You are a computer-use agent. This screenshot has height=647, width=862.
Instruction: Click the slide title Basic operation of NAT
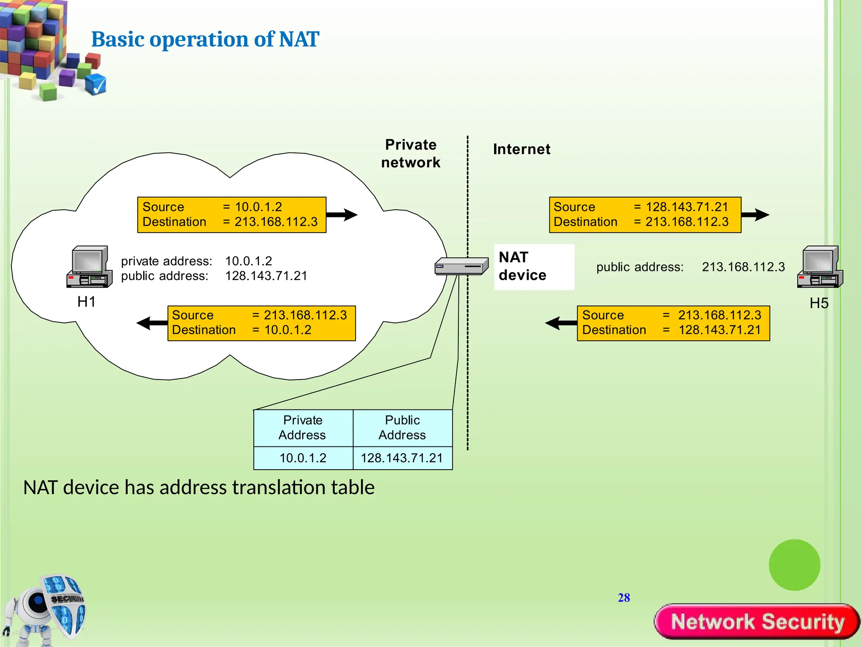point(205,39)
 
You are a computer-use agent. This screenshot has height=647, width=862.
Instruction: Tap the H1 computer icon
point(89,267)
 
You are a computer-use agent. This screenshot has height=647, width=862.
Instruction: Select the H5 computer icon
point(820,267)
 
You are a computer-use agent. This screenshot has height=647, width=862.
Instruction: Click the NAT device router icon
point(461,266)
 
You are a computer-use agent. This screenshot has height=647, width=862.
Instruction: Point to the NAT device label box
point(534,267)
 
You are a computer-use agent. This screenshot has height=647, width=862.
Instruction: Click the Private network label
point(410,154)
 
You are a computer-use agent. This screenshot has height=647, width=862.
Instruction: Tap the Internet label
point(521,149)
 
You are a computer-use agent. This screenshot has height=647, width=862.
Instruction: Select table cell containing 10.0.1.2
point(303,458)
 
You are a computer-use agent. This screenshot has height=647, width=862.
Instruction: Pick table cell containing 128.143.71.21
point(402,458)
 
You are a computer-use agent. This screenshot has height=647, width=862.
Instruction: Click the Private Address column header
point(303,428)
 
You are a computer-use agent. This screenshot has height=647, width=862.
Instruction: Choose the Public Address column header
point(402,428)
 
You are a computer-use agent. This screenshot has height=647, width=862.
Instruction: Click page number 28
point(624,598)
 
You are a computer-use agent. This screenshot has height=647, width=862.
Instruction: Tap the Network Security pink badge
point(757,622)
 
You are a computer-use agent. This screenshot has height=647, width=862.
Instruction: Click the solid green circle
point(794,565)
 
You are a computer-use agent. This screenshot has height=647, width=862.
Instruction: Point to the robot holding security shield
point(46,609)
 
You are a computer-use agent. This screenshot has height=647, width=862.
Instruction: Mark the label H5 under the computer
point(819,303)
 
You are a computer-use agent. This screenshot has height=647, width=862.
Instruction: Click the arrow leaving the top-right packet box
point(756,215)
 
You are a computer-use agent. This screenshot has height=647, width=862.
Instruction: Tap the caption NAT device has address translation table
point(199,488)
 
